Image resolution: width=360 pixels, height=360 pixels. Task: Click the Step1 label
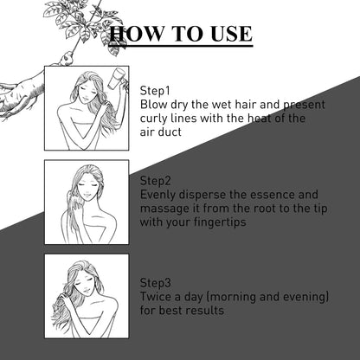click(155, 91)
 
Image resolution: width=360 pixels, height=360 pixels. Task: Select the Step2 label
click(156, 181)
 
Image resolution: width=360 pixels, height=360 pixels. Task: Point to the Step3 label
click(156, 283)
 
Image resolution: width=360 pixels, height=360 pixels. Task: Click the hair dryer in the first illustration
click(116, 78)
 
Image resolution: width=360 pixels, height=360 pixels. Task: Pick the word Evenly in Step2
click(157, 195)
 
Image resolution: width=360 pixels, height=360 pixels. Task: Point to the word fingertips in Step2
click(220, 222)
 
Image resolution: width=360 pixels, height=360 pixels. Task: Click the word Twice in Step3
click(156, 297)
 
